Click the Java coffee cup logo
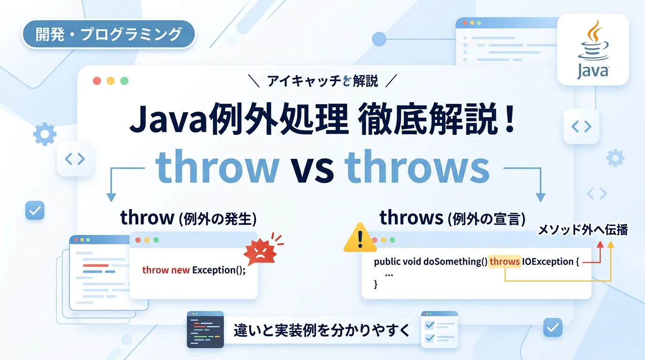click(x=593, y=49)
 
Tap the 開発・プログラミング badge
click(x=109, y=34)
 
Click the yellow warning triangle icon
click(x=360, y=237)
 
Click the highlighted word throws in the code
click(x=504, y=262)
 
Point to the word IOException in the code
click(x=547, y=262)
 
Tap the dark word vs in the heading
click(x=312, y=171)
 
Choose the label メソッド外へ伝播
click(x=583, y=230)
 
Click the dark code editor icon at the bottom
click(x=205, y=330)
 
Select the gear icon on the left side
click(x=45, y=134)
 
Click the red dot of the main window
click(x=97, y=81)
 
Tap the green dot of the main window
click(x=124, y=81)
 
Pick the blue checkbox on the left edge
click(x=35, y=210)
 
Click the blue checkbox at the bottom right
click(x=553, y=328)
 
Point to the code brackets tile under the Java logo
click(x=581, y=127)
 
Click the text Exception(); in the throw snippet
click(x=219, y=270)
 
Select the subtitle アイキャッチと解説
click(x=322, y=81)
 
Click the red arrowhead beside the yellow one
click(x=600, y=245)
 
